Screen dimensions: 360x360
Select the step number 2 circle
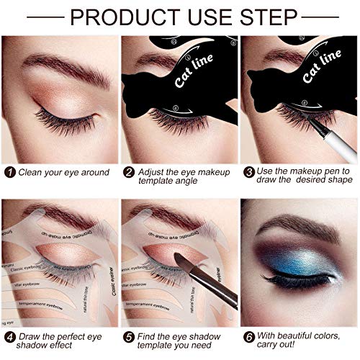128,173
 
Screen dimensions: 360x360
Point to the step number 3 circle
248,173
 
